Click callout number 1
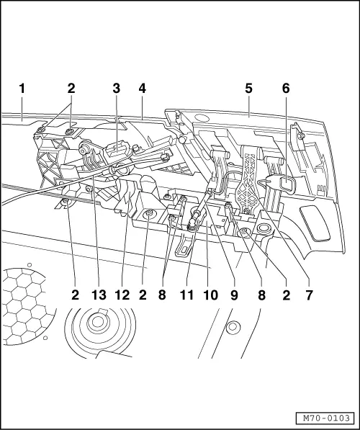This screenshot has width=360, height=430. click(x=22, y=89)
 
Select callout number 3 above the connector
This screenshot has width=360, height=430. click(x=116, y=89)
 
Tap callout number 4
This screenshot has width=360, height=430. click(x=143, y=89)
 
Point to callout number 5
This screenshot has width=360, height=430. click(x=248, y=89)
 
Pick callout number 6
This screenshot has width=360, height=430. click(x=286, y=89)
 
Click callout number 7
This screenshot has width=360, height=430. click(x=309, y=295)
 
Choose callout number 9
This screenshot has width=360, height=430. click(x=234, y=295)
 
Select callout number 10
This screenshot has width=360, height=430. click(x=210, y=295)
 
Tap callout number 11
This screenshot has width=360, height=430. click(x=186, y=295)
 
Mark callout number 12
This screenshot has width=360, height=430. click(x=122, y=295)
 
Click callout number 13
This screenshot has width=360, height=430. click(x=99, y=295)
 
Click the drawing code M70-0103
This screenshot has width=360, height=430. click(x=327, y=418)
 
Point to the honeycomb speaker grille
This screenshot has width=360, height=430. click(x=26, y=306)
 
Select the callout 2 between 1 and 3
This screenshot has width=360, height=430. click(x=71, y=89)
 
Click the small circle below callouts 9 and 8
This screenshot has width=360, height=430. click(x=233, y=327)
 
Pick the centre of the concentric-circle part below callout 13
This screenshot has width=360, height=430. click(x=97, y=322)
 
